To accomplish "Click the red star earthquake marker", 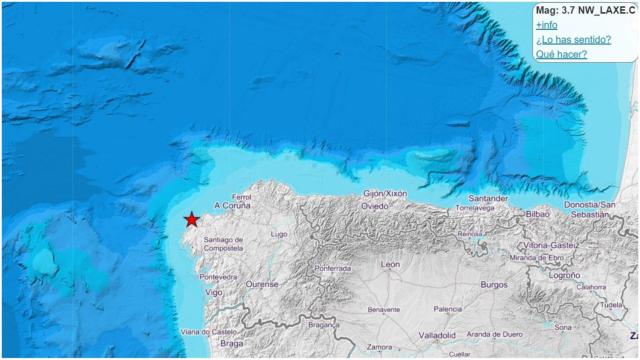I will pos(191,219).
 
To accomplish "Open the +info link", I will pos(547,24).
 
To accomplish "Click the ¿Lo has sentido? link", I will pos(573,39).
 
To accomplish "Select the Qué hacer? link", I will pos(561,54).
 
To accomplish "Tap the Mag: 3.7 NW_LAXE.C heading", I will pos(585,9).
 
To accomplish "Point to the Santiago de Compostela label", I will pos(224,244).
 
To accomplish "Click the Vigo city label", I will pos(214,292).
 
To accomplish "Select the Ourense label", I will pos(263,284).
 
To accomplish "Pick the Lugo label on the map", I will pos(279,234).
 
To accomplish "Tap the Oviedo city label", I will pos(375,206).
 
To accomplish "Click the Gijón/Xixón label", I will pos(386,193).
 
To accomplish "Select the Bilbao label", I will pos(538,214).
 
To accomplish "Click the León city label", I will pos(390,264).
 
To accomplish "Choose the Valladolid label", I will pos(437,335).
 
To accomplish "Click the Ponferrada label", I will pos(332,269).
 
